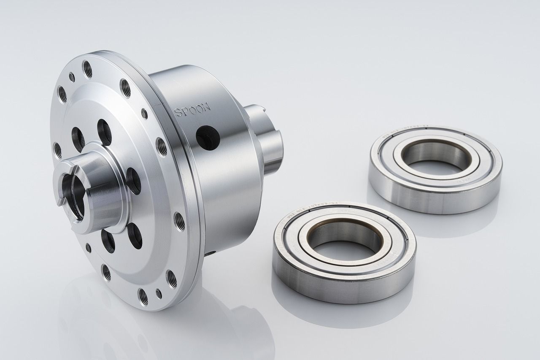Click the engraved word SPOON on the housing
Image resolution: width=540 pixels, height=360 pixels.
click(x=192, y=111)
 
